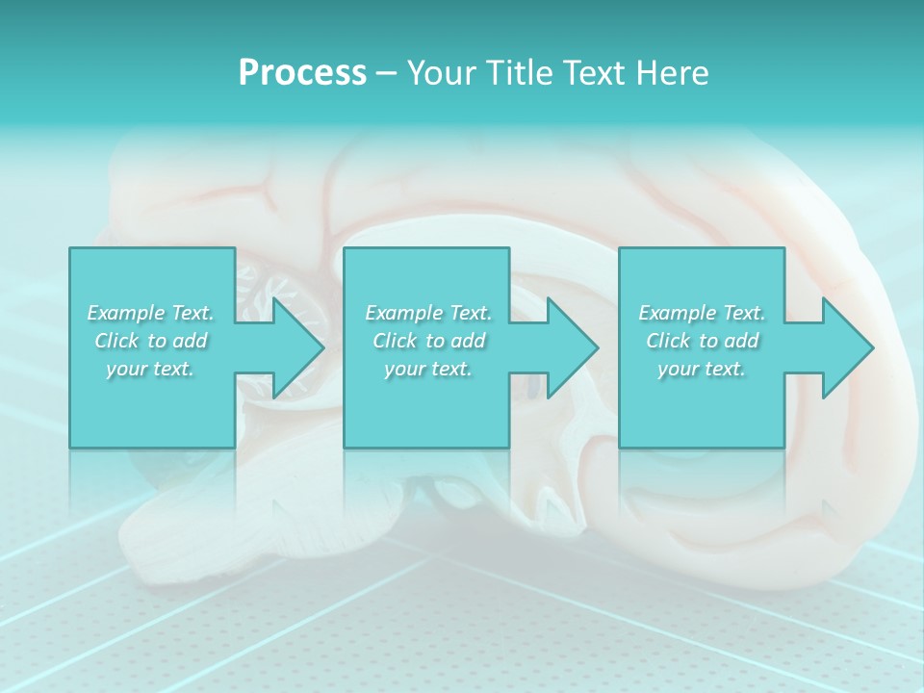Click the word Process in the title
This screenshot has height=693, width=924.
[302, 73]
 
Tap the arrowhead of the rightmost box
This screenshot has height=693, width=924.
[846, 347]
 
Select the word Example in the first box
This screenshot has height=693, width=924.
[125, 313]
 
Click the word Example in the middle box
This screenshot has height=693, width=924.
[403, 313]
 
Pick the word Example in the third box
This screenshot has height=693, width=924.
[677, 313]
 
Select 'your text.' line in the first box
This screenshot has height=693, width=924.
[150, 369]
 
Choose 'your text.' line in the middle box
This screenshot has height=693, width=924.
[428, 369]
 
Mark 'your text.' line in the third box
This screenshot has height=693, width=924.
[702, 369]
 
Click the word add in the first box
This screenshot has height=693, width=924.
[190, 341]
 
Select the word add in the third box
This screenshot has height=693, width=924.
[741, 341]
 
